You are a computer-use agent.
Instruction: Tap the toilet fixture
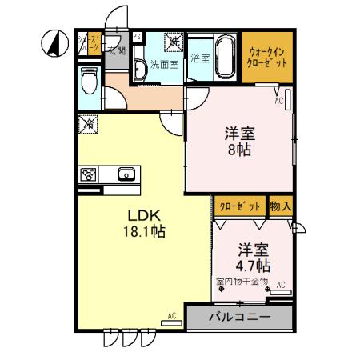point(88,81)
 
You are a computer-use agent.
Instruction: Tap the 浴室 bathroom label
point(199,58)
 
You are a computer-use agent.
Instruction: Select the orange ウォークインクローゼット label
point(266,54)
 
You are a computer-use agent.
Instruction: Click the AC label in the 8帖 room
point(279,101)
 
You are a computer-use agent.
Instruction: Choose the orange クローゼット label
point(241,206)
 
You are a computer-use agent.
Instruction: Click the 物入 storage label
point(281,206)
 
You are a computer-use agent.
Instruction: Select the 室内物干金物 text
point(242,282)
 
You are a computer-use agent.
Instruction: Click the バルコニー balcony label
point(239,317)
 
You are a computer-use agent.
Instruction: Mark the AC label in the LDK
point(172,316)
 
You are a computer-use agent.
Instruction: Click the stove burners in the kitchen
point(89,174)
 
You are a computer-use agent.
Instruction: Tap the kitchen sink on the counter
point(126,174)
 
